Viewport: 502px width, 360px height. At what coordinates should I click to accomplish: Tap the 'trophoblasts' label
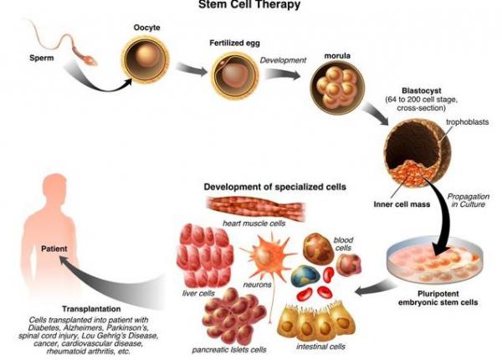[x=466, y=122]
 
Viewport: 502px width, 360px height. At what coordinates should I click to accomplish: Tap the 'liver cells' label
[x=199, y=293]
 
